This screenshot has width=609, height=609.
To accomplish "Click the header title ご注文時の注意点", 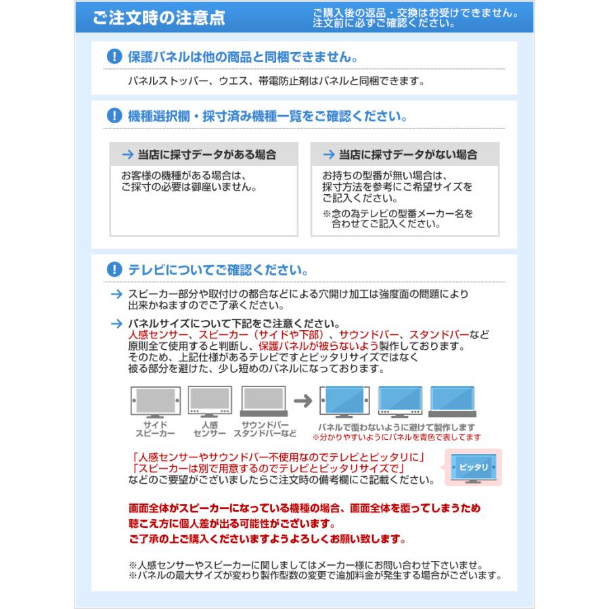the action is click(159, 18).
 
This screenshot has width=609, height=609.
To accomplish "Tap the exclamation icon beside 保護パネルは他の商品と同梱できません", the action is click(114, 57).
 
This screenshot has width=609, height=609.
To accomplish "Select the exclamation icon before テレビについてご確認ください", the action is click(114, 269).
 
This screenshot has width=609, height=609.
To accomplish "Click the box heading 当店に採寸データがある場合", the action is click(203, 154).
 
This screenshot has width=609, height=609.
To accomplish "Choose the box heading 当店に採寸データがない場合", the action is click(405, 154).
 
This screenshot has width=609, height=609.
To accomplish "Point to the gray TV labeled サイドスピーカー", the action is click(155, 402).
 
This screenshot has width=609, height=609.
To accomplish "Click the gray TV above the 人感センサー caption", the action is click(209, 402).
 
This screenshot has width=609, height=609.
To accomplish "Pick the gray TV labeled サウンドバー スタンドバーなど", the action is click(265, 402).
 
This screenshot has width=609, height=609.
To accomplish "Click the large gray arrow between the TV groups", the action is click(303, 401).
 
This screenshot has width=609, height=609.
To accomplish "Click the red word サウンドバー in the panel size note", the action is click(371, 335).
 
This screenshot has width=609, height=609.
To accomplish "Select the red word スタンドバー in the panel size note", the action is click(439, 335).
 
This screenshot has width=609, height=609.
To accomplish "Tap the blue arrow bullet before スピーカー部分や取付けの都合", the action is click(115, 294).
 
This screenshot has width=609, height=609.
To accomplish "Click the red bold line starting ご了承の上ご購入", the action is click(267, 539).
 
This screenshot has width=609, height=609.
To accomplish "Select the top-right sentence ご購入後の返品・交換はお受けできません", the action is click(415, 14).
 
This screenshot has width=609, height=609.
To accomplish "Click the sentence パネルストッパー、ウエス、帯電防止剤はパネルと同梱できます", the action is click(276, 81).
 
